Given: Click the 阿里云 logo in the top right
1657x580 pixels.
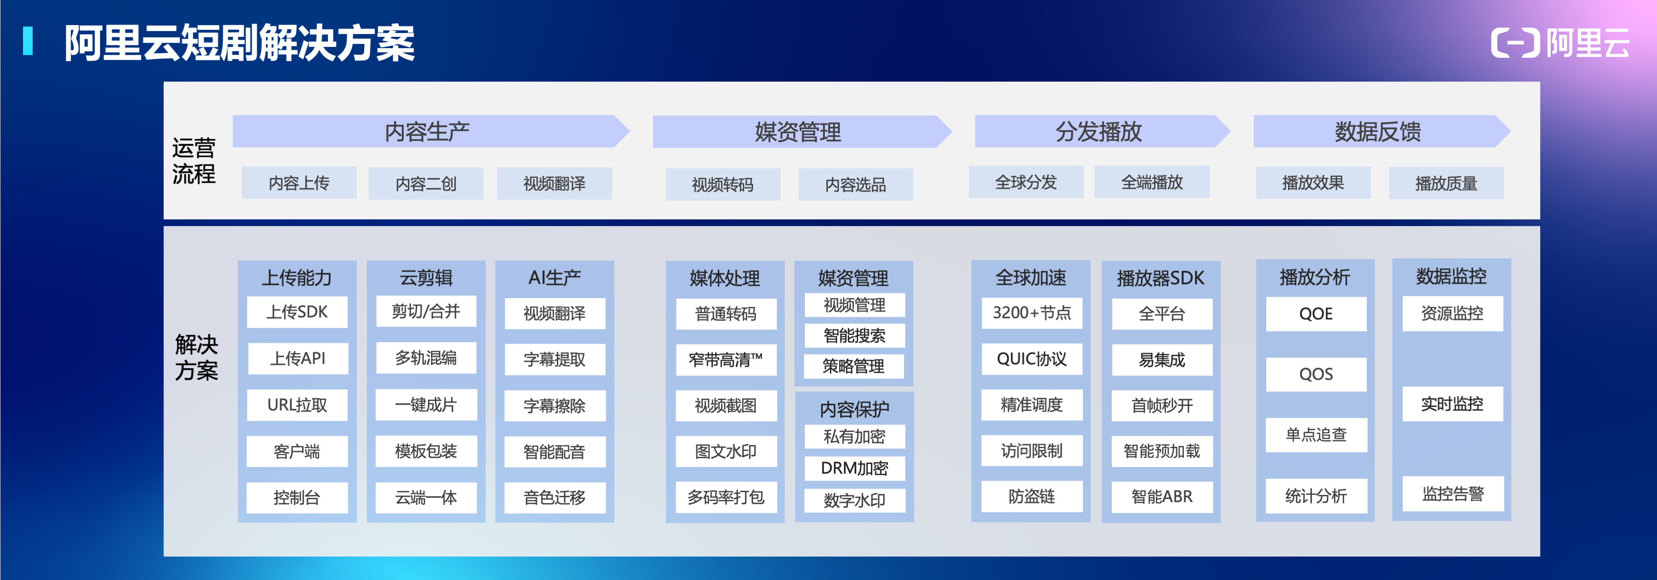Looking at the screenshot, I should (x=1560, y=43).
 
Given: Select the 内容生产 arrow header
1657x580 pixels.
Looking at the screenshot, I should (x=427, y=131).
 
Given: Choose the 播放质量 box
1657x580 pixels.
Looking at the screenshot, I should (x=1446, y=183).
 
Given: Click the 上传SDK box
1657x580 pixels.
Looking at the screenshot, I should (x=297, y=312).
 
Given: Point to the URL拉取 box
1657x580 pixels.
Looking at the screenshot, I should (x=297, y=405).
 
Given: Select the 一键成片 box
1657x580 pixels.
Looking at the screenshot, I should (x=426, y=405).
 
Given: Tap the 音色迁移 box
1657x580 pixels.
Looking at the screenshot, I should (x=554, y=498).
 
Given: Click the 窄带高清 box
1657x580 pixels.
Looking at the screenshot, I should (x=725, y=360).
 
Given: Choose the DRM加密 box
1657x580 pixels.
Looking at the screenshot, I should (x=854, y=468).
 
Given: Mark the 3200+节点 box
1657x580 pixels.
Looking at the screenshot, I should (x=1032, y=313).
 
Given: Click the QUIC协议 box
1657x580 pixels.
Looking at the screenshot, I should (x=1032, y=359).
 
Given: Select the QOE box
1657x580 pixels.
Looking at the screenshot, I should (x=1316, y=314).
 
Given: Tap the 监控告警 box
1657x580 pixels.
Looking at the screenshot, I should (x=1452, y=494).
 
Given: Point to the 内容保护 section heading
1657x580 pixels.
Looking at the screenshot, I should (x=854, y=409).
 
